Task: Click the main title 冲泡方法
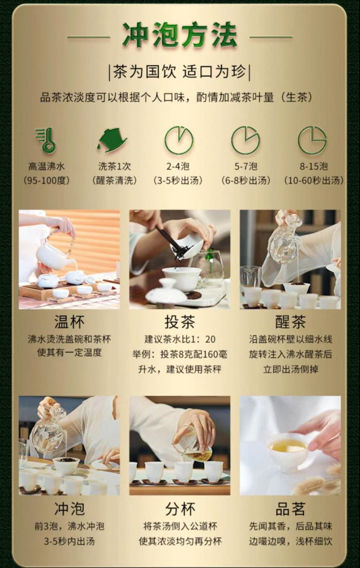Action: pyautogui.click(x=180, y=35)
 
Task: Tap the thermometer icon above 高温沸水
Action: pyautogui.click(x=46, y=141)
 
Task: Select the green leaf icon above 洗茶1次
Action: pyautogui.click(x=112, y=140)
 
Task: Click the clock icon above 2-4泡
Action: pyautogui.click(x=179, y=141)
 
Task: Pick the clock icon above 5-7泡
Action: pyautogui.click(x=245, y=141)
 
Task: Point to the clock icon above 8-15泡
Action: pyautogui.click(x=312, y=141)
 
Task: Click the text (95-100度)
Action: pyautogui.click(x=46, y=181)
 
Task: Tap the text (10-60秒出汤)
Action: pyautogui.click(x=314, y=181)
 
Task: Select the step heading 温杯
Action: pyautogui.click(x=69, y=322)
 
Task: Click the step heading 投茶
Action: pyautogui.click(x=180, y=322)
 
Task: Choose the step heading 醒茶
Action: pyautogui.click(x=290, y=322)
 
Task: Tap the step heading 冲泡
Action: pyautogui.click(x=69, y=509)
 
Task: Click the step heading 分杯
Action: pyautogui.click(x=180, y=509)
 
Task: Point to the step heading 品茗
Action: pyautogui.click(x=290, y=509)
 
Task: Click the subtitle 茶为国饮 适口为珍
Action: pyautogui.click(x=180, y=72)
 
